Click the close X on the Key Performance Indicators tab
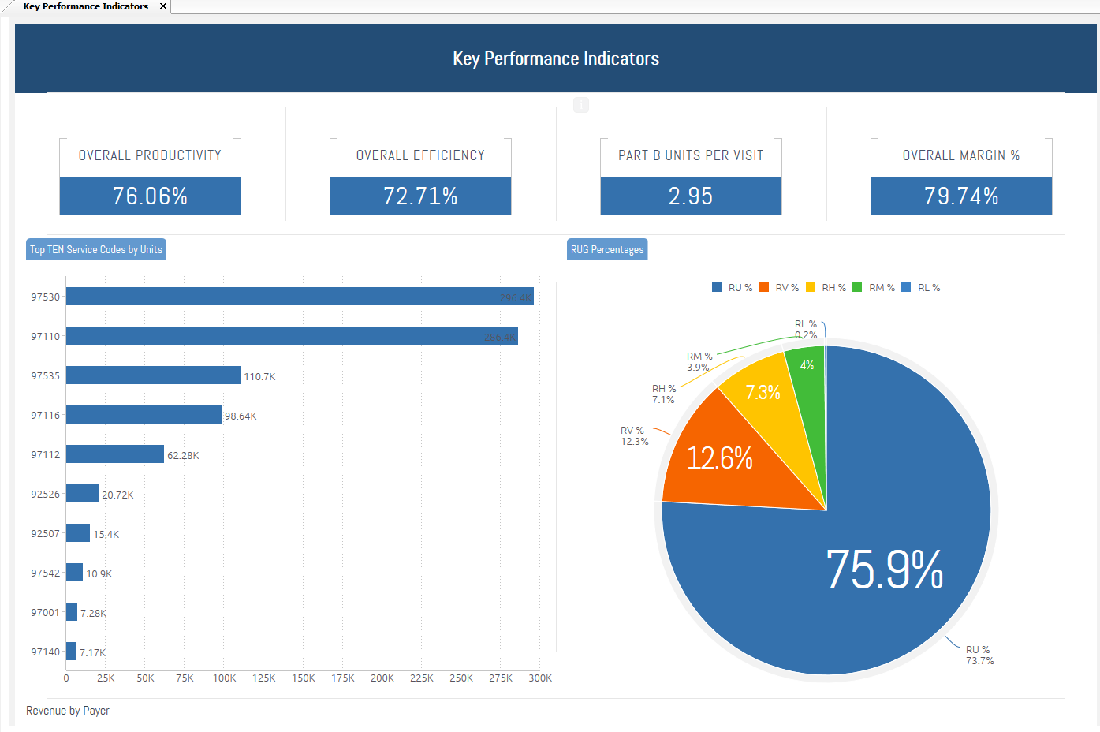pos(163,6)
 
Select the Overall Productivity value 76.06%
pos(150,196)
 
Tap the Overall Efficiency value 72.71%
pos(420,196)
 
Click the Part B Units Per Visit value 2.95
pos(691,196)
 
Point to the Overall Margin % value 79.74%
pos(961,196)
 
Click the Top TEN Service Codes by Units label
pos(96,249)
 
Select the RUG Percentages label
pos(607,249)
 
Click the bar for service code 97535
pos(153,375)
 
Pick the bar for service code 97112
pos(115,454)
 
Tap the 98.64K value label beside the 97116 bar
pos(241,416)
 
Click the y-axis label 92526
pos(45,495)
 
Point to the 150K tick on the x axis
pos(304,678)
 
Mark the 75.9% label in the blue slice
pos(885,570)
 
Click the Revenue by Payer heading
pos(68,711)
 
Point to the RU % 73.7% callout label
pos(979,655)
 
